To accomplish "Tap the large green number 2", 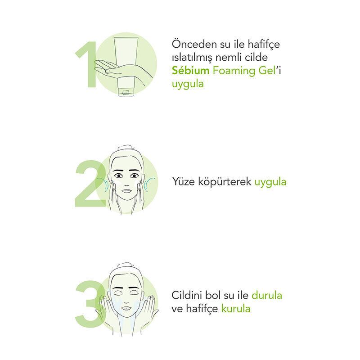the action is click(x=90, y=184).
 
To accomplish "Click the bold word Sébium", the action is click(x=190, y=70).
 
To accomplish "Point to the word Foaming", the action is click(x=234, y=71).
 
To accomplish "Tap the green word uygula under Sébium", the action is click(x=188, y=84).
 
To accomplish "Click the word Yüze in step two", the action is click(x=183, y=181).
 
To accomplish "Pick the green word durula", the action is click(x=267, y=295).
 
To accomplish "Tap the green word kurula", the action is click(x=236, y=308).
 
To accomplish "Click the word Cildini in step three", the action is click(x=187, y=295).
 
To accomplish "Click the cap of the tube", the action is click(x=126, y=93).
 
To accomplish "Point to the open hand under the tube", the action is click(x=119, y=70).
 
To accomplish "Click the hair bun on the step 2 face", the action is click(x=126, y=147).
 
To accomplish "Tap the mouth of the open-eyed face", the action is click(x=126, y=191).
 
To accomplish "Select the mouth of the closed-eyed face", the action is click(x=126, y=308).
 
